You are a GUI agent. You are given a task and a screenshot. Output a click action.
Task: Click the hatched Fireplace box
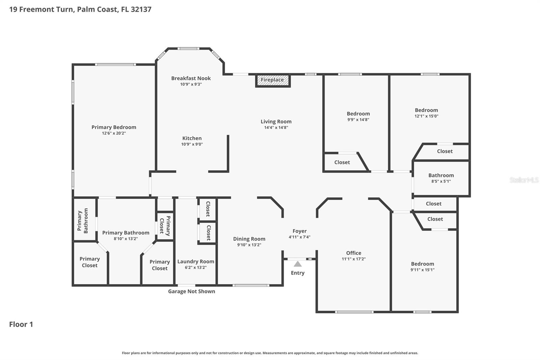tap(273, 80)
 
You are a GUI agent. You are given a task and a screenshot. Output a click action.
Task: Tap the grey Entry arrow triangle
tap(297, 264)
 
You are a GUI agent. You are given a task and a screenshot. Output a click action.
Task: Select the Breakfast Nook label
tap(191, 78)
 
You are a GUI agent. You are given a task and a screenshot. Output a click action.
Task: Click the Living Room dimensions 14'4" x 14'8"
tap(276, 128)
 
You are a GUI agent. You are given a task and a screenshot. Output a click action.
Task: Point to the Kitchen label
tap(192, 138)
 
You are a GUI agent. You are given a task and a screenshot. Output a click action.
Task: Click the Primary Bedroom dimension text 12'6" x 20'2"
tap(114, 133)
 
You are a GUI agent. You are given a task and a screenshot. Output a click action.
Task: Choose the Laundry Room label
tap(195, 261)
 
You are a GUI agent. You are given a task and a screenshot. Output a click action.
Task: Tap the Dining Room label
tap(249, 239)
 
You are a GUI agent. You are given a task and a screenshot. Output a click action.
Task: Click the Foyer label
tap(299, 231)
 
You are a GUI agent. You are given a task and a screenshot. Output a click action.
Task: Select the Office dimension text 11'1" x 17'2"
tap(353, 259)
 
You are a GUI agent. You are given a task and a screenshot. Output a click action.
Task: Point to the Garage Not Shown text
tap(191, 291)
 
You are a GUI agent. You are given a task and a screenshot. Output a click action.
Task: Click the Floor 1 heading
tap(21, 324)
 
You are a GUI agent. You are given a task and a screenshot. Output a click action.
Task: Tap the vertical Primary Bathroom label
tap(83, 221)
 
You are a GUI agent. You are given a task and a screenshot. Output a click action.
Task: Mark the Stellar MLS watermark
tap(524, 180)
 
